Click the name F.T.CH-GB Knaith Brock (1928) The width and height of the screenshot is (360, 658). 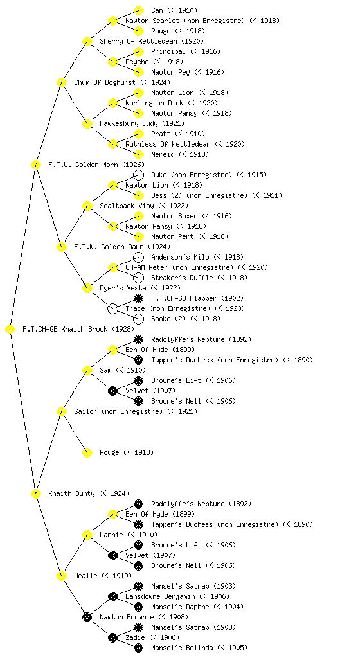coord(78,330)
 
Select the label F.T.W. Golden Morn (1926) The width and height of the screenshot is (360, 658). coord(96,165)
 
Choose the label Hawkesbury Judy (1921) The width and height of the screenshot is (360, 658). coord(142,124)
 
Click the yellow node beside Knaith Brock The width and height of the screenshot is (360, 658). coord(10,330)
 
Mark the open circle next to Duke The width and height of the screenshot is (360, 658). coord(138,175)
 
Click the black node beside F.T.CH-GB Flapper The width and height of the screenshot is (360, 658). coord(138,298)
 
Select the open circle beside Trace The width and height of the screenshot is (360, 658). coord(113,309)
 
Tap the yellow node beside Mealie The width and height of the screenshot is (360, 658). coord(61,576)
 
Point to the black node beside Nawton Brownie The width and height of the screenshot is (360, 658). coord(87,618)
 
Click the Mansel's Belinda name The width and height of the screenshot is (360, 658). coord(199,648)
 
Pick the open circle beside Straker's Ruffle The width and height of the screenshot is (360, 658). coord(138,278)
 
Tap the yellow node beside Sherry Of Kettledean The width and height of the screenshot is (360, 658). coord(87,42)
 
